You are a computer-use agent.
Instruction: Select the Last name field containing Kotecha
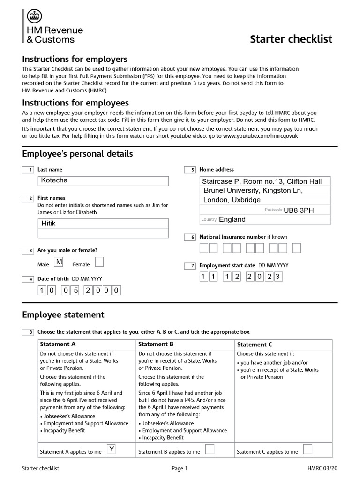click(x=103, y=181)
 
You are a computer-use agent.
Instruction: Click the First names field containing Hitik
click(x=103, y=224)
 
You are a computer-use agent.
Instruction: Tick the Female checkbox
click(x=99, y=262)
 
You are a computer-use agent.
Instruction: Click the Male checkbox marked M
click(x=59, y=262)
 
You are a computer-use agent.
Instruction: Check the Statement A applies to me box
click(x=112, y=450)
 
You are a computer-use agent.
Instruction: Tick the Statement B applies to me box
click(x=210, y=450)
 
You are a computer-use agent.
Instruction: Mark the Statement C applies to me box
click(x=308, y=450)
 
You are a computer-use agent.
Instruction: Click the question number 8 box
click(x=28, y=332)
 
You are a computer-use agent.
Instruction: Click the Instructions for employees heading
click(x=75, y=103)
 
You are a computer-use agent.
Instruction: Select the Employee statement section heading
click(x=63, y=315)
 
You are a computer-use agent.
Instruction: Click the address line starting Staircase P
click(x=262, y=181)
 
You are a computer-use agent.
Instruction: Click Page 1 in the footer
click(x=180, y=468)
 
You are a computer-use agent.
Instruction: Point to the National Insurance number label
click(x=243, y=237)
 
